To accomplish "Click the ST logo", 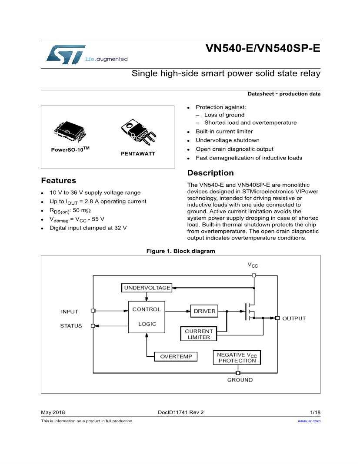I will [65, 54].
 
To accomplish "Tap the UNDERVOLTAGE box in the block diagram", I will [146, 288].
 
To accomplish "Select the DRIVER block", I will [203, 311].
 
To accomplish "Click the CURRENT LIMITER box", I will [199, 334].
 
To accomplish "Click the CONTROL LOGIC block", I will [147, 317].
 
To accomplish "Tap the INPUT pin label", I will [70, 312].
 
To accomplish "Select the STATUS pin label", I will [71, 326].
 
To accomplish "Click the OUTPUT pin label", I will [294, 318].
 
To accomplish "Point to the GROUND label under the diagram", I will [240, 380].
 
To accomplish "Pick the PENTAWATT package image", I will [137, 133].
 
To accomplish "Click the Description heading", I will [210, 173].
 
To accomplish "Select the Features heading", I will [58, 181].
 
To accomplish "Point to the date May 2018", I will [52, 412].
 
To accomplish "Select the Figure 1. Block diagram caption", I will [180, 251].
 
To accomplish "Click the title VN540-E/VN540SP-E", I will [263, 48].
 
